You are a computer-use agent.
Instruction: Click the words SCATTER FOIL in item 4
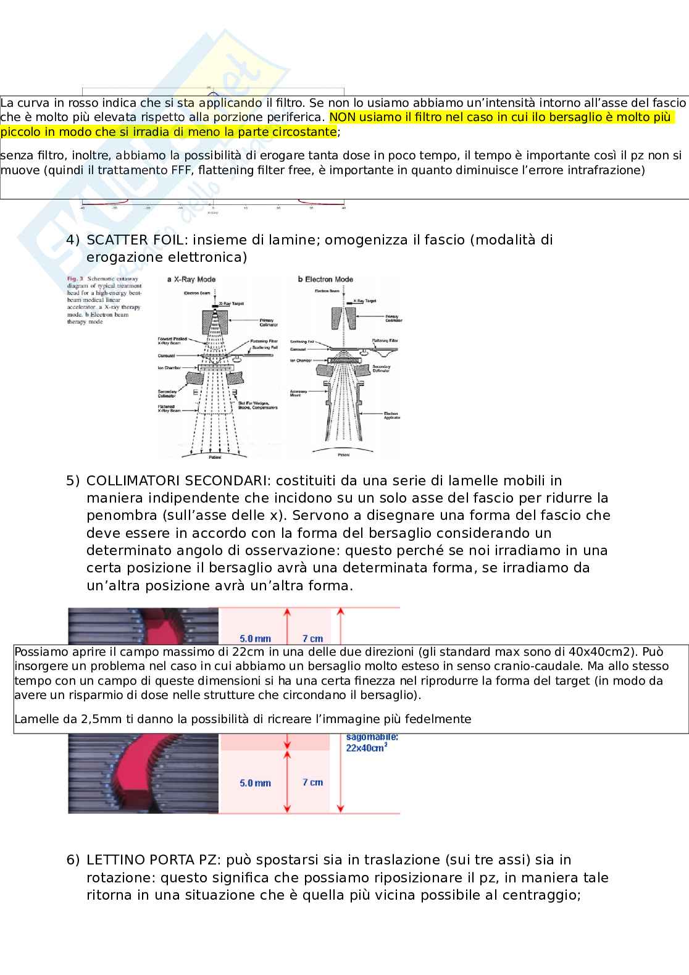135,240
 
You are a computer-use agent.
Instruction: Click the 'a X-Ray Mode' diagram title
191,280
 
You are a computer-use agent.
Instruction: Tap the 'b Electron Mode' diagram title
325,280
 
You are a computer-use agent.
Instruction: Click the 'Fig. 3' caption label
75,279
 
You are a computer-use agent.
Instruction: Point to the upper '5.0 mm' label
255,639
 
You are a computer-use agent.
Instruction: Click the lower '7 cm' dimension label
312,782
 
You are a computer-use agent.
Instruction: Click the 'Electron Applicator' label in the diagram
391,416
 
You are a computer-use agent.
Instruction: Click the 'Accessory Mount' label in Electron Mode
299,393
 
